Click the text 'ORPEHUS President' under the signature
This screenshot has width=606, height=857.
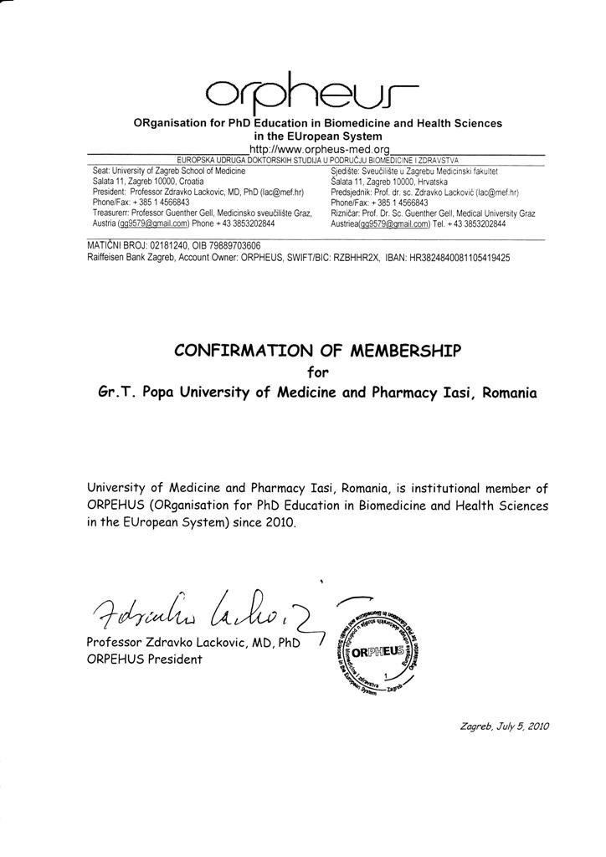(x=144, y=659)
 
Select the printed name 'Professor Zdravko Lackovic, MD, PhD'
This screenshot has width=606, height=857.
(x=193, y=643)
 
